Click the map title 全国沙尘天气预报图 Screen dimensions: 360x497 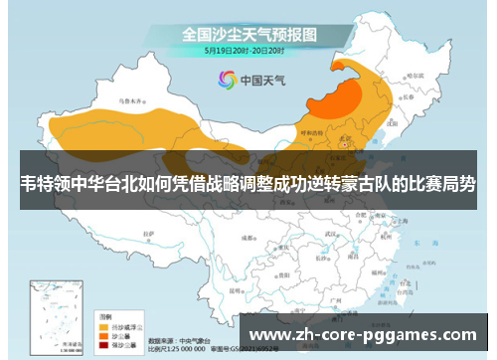pos(248,32)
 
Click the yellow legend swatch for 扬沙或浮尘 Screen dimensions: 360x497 pos(102,324)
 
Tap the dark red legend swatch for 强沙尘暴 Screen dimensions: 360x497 pos(102,342)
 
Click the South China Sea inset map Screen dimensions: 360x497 pos(54,317)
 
